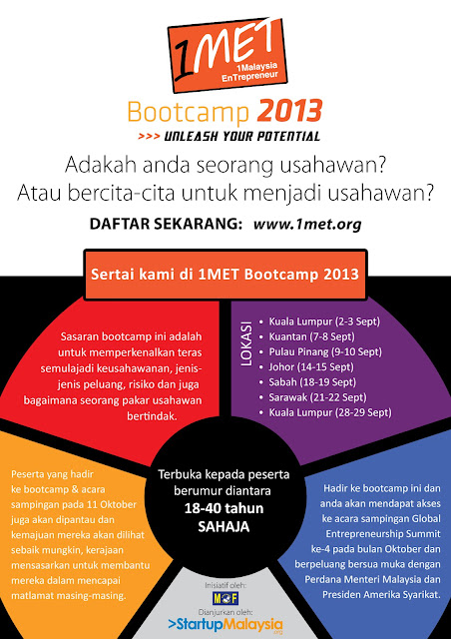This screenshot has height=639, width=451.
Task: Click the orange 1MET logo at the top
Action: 227,55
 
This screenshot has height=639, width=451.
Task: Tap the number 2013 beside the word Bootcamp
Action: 289,111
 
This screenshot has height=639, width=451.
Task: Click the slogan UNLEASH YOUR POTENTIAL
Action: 242,136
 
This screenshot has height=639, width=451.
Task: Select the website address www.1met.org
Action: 307,224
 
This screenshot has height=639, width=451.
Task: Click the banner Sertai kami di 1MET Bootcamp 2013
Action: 225,275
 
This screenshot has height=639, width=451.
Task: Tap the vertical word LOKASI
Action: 246,343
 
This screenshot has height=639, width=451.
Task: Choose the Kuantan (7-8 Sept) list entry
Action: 311,336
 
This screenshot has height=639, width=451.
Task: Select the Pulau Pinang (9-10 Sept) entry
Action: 325,351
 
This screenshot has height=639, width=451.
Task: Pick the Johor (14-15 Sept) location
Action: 311,366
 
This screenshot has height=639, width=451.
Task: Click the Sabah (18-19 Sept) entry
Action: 312,381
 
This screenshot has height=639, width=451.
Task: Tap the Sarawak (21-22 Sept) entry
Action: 317,397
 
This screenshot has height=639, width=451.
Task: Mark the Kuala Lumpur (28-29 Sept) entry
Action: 330,412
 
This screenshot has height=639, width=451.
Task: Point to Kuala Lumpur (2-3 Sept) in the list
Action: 324,321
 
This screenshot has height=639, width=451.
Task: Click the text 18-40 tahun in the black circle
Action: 225,508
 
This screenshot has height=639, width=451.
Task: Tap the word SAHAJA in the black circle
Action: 224,527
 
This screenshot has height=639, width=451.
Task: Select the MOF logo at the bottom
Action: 225,598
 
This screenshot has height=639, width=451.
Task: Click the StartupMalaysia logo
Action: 225,625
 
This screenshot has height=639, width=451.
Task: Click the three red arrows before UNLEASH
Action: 149,136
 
